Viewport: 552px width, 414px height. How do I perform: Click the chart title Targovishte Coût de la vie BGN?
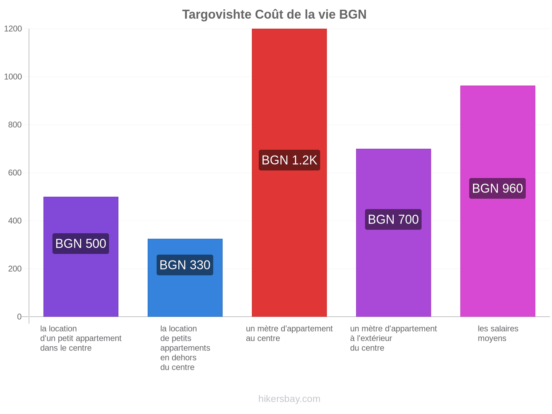coord(274,14)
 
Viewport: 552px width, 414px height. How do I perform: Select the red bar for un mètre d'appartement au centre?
coord(289,172)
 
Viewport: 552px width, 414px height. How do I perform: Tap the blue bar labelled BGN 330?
coord(185,277)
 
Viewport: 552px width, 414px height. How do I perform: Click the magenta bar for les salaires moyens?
coord(497,201)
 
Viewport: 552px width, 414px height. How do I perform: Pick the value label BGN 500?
coord(81,243)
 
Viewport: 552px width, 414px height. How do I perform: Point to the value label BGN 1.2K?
coord(289,160)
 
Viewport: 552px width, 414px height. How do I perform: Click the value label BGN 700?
coord(393,219)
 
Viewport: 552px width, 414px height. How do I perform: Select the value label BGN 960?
coord(497,188)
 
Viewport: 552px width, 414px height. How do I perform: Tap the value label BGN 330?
coord(185,265)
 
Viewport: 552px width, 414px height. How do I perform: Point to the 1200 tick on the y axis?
coord(13,29)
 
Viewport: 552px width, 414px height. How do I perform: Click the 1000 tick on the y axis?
coord(13,77)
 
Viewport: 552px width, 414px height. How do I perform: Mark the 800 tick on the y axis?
coord(15,125)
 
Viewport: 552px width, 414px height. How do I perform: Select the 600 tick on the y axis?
coord(15,173)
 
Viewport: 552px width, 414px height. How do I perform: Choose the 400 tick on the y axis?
coord(15,221)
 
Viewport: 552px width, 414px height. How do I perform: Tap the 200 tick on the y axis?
coord(15,269)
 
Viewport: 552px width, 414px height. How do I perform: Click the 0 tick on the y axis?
coord(19,317)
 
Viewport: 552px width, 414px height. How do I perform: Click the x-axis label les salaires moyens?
coord(498,333)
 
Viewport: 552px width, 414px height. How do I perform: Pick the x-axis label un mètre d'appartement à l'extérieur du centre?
coord(393,338)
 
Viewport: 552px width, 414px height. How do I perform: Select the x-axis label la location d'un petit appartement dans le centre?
coord(81,338)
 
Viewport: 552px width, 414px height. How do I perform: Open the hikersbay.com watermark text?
coord(289,399)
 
